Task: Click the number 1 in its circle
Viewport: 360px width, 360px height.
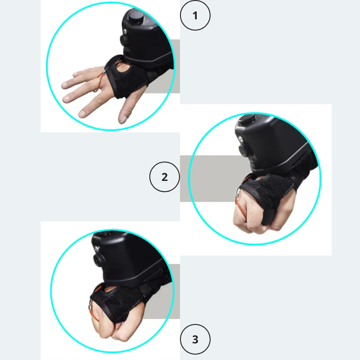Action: point(195,16)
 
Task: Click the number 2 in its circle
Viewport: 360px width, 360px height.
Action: point(164,177)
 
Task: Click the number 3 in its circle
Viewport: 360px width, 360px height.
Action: point(195,339)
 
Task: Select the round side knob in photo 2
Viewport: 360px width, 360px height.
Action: point(244,150)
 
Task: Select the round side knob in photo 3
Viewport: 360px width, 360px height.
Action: point(99,261)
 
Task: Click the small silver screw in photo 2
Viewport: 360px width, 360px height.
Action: point(240,139)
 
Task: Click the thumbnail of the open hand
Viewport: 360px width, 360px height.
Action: point(123,119)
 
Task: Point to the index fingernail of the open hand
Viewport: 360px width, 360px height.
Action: point(81,113)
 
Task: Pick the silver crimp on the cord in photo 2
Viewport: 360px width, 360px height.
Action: point(237,196)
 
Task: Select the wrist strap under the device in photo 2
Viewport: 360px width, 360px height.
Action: point(303,163)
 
